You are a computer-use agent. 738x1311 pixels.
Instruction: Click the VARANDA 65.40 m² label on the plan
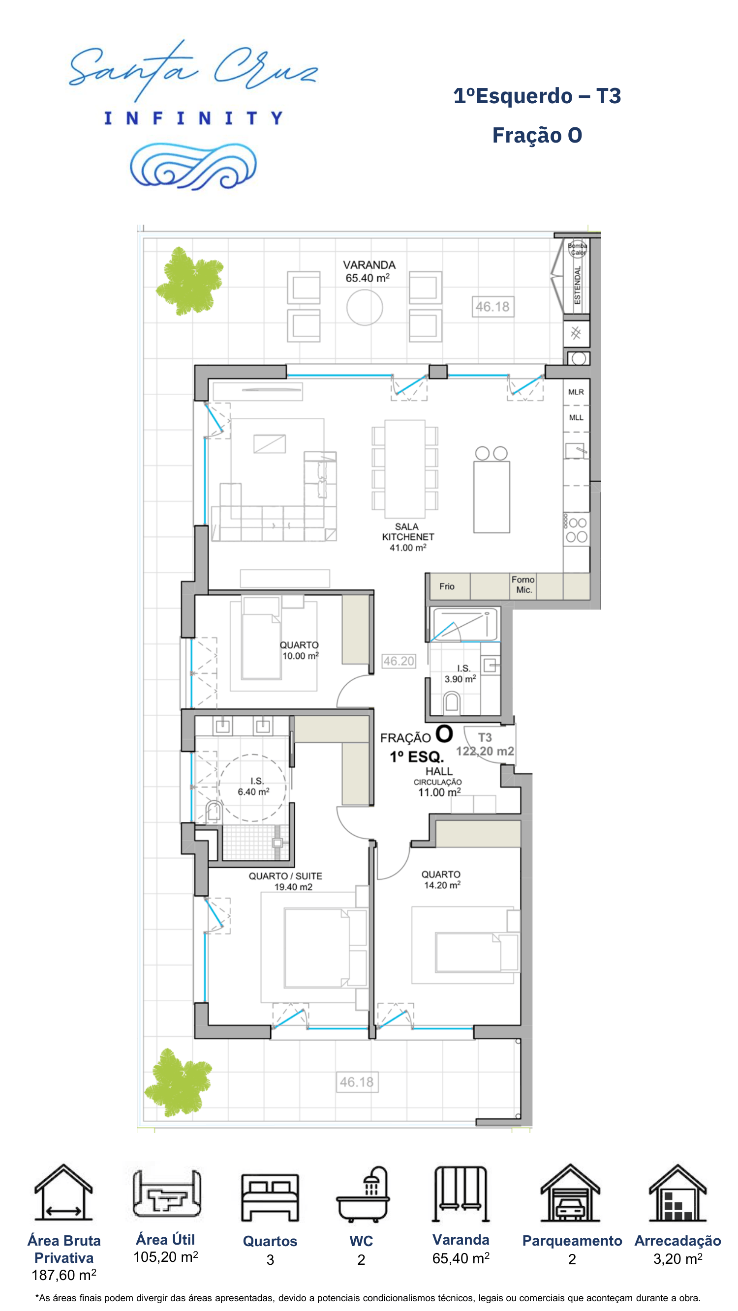pyautogui.click(x=369, y=272)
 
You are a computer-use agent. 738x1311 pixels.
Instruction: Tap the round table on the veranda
pyautogui.click(x=365, y=307)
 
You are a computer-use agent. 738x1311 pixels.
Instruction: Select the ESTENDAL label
pyautogui.click(x=577, y=285)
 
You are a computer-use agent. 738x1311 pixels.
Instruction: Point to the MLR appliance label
pyautogui.click(x=576, y=392)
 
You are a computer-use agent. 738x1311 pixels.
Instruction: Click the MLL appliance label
pyautogui.click(x=576, y=417)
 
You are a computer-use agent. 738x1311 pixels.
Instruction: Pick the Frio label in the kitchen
pyautogui.click(x=447, y=586)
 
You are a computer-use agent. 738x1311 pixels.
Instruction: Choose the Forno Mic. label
pyautogui.click(x=523, y=585)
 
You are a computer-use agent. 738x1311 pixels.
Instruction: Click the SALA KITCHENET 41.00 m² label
pyautogui.click(x=408, y=537)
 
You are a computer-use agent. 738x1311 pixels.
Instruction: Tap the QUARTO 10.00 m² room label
pyautogui.click(x=300, y=650)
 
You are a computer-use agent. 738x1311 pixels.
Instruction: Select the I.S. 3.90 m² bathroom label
pyautogui.click(x=461, y=673)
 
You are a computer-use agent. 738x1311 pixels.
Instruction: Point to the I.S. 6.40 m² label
pyautogui.click(x=254, y=787)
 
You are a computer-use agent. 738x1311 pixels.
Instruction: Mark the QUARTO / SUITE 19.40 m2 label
pyautogui.click(x=285, y=881)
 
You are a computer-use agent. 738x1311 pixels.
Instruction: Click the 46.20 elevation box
pyautogui.click(x=399, y=661)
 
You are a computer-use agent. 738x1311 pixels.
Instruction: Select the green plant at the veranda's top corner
pyautogui.click(x=190, y=281)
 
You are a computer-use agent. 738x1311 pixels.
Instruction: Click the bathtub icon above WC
pyautogui.click(x=363, y=1194)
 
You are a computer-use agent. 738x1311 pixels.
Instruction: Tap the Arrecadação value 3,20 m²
pyautogui.click(x=678, y=1258)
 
